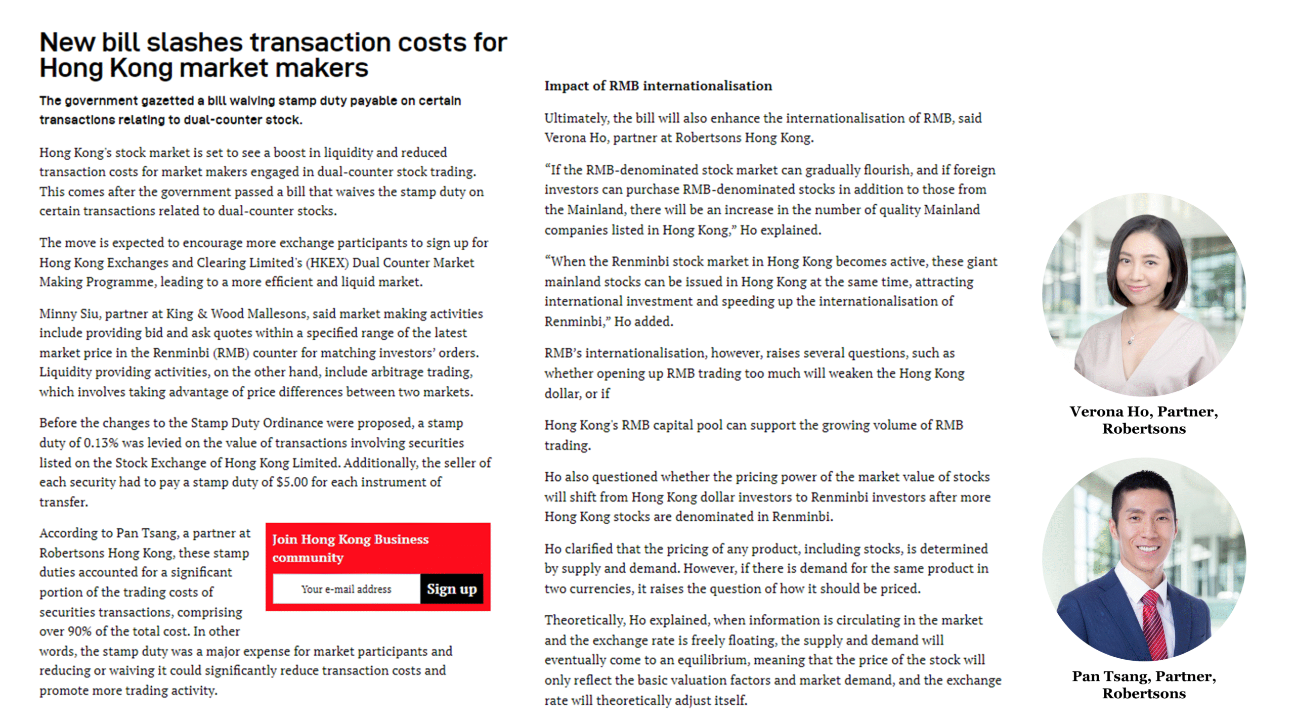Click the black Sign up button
pos(451,589)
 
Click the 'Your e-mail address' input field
pos(347,589)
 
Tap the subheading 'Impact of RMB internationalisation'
pos(658,86)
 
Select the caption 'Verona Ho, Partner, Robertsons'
pos(1144,420)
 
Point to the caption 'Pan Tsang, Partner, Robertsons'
pos(1144,685)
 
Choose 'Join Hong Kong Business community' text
pos(350,548)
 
